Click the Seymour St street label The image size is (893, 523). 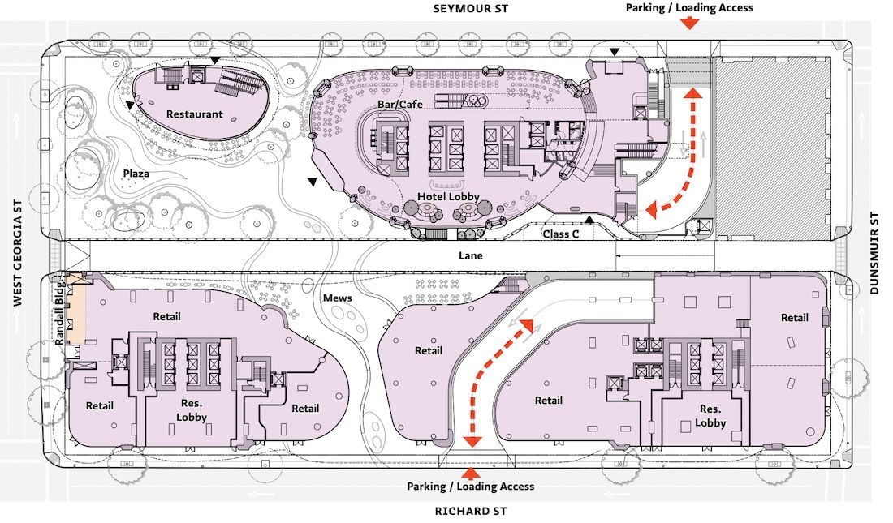[x=470, y=9]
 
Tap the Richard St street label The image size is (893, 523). [x=470, y=511]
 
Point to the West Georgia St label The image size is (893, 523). [x=18, y=253]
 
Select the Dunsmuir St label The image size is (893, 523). [x=875, y=253]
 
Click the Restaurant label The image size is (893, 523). [x=194, y=114]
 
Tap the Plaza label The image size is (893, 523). [x=136, y=173]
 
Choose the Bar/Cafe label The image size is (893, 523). [x=400, y=104]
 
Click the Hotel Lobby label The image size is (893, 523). [x=448, y=196]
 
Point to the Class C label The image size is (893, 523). [x=560, y=234]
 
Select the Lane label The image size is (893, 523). [x=470, y=255]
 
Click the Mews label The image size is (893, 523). [x=337, y=298]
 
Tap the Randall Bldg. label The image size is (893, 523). [x=60, y=313]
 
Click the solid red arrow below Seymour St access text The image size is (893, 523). [x=690, y=24]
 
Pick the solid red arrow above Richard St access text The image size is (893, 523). [x=470, y=474]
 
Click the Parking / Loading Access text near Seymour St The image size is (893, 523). [x=689, y=8]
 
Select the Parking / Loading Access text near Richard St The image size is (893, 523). [x=470, y=487]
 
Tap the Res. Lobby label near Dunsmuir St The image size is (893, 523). [x=710, y=416]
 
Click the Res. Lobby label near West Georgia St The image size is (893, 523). [x=192, y=409]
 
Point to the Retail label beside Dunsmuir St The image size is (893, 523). [x=795, y=318]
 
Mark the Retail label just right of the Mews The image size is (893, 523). [x=429, y=350]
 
